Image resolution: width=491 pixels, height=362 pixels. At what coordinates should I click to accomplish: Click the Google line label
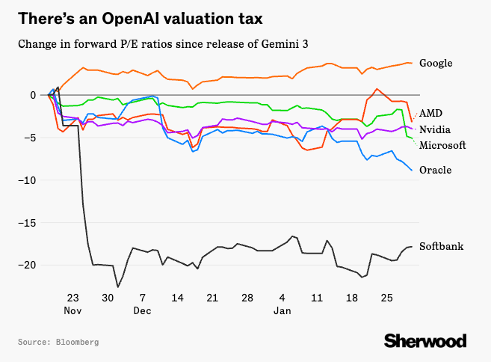pyautogui.click(x=436, y=63)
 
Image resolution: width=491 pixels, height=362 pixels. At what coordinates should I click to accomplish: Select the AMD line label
pyautogui.click(x=430, y=113)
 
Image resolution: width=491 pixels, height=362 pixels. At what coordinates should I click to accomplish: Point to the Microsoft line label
pyautogui.click(x=442, y=144)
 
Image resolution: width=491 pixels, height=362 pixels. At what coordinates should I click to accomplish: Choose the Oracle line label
pyautogui.click(x=435, y=170)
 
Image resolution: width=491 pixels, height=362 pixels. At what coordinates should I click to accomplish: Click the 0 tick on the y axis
pyautogui.click(x=34, y=95)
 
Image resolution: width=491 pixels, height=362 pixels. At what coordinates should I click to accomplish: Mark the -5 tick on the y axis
pyautogui.click(x=31, y=138)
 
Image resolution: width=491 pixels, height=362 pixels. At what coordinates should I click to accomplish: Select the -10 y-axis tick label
pyautogui.click(x=28, y=180)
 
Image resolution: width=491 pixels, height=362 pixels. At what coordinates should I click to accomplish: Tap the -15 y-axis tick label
pyautogui.click(x=28, y=223)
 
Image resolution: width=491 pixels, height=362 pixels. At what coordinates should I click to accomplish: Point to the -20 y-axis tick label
pyautogui.click(x=28, y=266)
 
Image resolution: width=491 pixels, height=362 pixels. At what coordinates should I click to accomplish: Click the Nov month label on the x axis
pyautogui.click(x=72, y=310)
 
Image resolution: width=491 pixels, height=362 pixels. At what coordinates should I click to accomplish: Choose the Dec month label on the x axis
pyautogui.click(x=143, y=310)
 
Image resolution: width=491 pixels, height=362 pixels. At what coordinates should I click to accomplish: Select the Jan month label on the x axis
pyautogui.click(x=282, y=310)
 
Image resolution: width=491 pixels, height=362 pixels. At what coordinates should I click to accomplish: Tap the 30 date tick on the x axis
pyautogui.click(x=108, y=298)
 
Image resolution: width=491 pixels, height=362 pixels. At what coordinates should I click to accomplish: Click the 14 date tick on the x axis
pyautogui.click(x=177, y=298)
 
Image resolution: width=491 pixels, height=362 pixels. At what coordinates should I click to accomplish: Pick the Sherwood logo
pyautogui.click(x=425, y=341)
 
